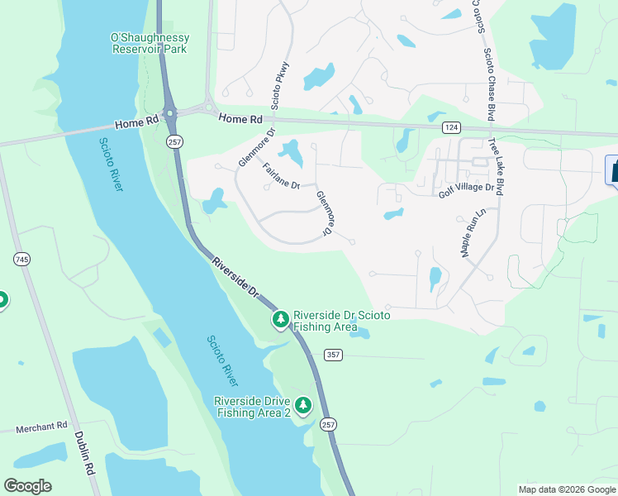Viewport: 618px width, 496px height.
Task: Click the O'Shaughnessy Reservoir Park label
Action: coord(150,43)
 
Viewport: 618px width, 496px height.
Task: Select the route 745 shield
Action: coord(22,260)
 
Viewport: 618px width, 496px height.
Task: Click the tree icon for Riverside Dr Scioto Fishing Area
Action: coord(281,319)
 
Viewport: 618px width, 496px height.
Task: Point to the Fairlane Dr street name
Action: coord(281,176)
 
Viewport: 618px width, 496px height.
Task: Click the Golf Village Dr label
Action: coord(465,188)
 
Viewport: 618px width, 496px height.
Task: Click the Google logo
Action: coord(27,486)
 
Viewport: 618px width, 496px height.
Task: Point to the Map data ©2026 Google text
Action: coord(566,489)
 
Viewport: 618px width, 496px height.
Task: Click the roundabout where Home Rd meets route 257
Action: coord(170,113)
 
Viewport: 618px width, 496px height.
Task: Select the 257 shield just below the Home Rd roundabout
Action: coord(174,142)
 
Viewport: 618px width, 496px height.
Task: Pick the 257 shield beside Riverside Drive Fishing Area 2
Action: coord(329,424)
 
